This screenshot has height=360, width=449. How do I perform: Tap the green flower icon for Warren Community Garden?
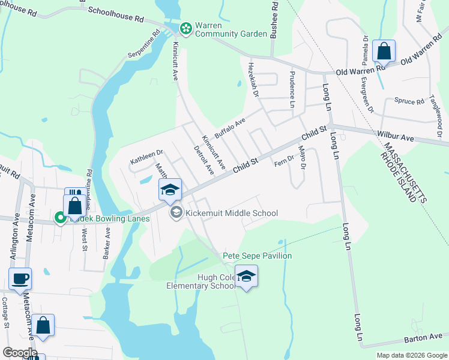click(x=185, y=28)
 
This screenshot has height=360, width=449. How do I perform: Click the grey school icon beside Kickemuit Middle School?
click(x=176, y=212)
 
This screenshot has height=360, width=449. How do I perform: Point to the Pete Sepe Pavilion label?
click(x=258, y=256)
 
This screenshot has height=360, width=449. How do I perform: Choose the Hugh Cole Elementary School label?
click(x=201, y=281)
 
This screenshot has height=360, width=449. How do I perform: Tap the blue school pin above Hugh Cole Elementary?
click(x=246, y=276)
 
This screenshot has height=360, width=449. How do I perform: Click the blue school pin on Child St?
click(x=170, y=190)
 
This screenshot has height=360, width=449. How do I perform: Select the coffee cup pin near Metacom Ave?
click(x=20, y=279)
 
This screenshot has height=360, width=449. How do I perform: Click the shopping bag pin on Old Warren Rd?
click(x=384, y=52)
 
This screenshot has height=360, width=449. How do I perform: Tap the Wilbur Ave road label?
click(x=396, y=137)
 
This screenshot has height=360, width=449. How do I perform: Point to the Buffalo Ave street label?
click(x=231, y=127)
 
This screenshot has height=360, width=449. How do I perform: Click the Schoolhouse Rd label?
click(x=115, y=14)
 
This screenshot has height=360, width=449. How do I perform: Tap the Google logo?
click(x=20, y=353)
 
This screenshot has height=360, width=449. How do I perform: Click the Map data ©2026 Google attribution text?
click(x=411, y=355)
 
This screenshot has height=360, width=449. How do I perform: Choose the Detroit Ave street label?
click(x=204, y=160)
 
